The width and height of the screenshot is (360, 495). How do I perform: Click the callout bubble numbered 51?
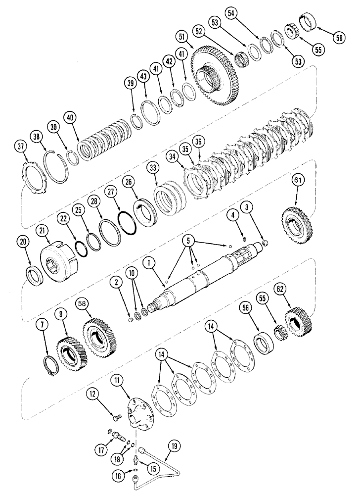(182, 38)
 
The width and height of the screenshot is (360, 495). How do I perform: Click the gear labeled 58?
(99, 337)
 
